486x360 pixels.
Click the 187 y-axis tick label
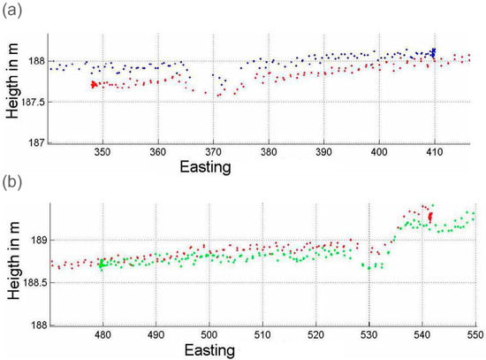pyautogui.click(x=36, y=142)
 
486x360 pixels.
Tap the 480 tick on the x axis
pyautogui.click(x=103, y=336)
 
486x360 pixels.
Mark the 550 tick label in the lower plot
pyautogui.click(x=475, y=336)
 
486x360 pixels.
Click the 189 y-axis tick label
pyautogui.click(x=36, y=240)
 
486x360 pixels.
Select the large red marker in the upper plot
pyautogui.click(x=94, y=85)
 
